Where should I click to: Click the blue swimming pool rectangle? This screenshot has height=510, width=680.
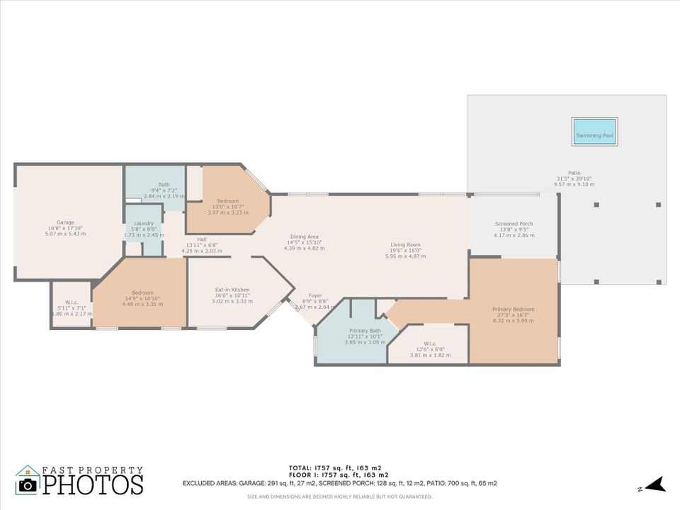pos(594,132)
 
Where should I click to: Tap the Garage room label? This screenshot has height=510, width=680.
pos(65,222)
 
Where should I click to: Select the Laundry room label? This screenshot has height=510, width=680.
pos(144,223)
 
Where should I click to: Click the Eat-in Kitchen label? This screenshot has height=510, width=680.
pos(232,289)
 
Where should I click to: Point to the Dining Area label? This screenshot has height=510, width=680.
pos(304,237)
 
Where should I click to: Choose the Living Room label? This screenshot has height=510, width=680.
pos(405,244)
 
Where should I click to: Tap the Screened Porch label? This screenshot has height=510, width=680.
pos(514,224)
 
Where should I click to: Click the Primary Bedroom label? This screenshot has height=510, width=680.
pos(513,309)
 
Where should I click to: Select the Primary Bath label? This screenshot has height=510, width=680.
pos(365,331)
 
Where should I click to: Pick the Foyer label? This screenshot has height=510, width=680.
pos(315,295)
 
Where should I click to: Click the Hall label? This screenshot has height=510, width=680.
pos(202,239)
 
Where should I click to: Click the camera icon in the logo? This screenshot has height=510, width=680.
pos(28,484)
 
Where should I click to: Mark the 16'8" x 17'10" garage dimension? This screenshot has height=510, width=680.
pos(65,228)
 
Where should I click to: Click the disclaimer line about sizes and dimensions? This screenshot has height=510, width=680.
pos(339,497)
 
